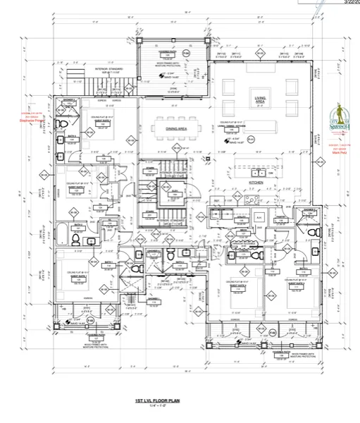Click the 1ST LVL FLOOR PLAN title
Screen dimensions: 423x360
[x=163, y=399]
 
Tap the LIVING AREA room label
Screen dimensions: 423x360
[x=265, y=100]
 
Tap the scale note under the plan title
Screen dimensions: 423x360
[x=163, y=405]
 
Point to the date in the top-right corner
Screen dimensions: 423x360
[x=349, y=3]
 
